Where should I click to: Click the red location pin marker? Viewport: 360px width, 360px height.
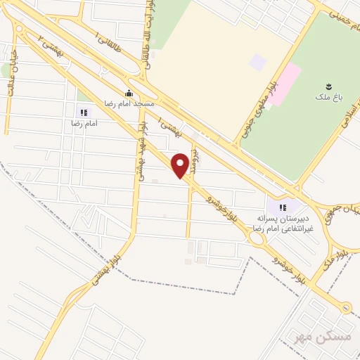[x=181, y=165]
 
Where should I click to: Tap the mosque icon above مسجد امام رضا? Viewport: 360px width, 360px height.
[x=128, y=93]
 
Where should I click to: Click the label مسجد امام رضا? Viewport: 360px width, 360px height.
[x=128, y=103]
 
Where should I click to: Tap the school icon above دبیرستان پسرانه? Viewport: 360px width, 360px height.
[x=283, y=207]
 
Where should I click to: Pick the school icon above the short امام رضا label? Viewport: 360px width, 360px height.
[x=84, y=112]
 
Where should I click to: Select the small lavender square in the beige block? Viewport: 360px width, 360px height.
[x=258, y=62]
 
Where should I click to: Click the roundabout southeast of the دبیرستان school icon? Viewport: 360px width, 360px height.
[x=257, y=236]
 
